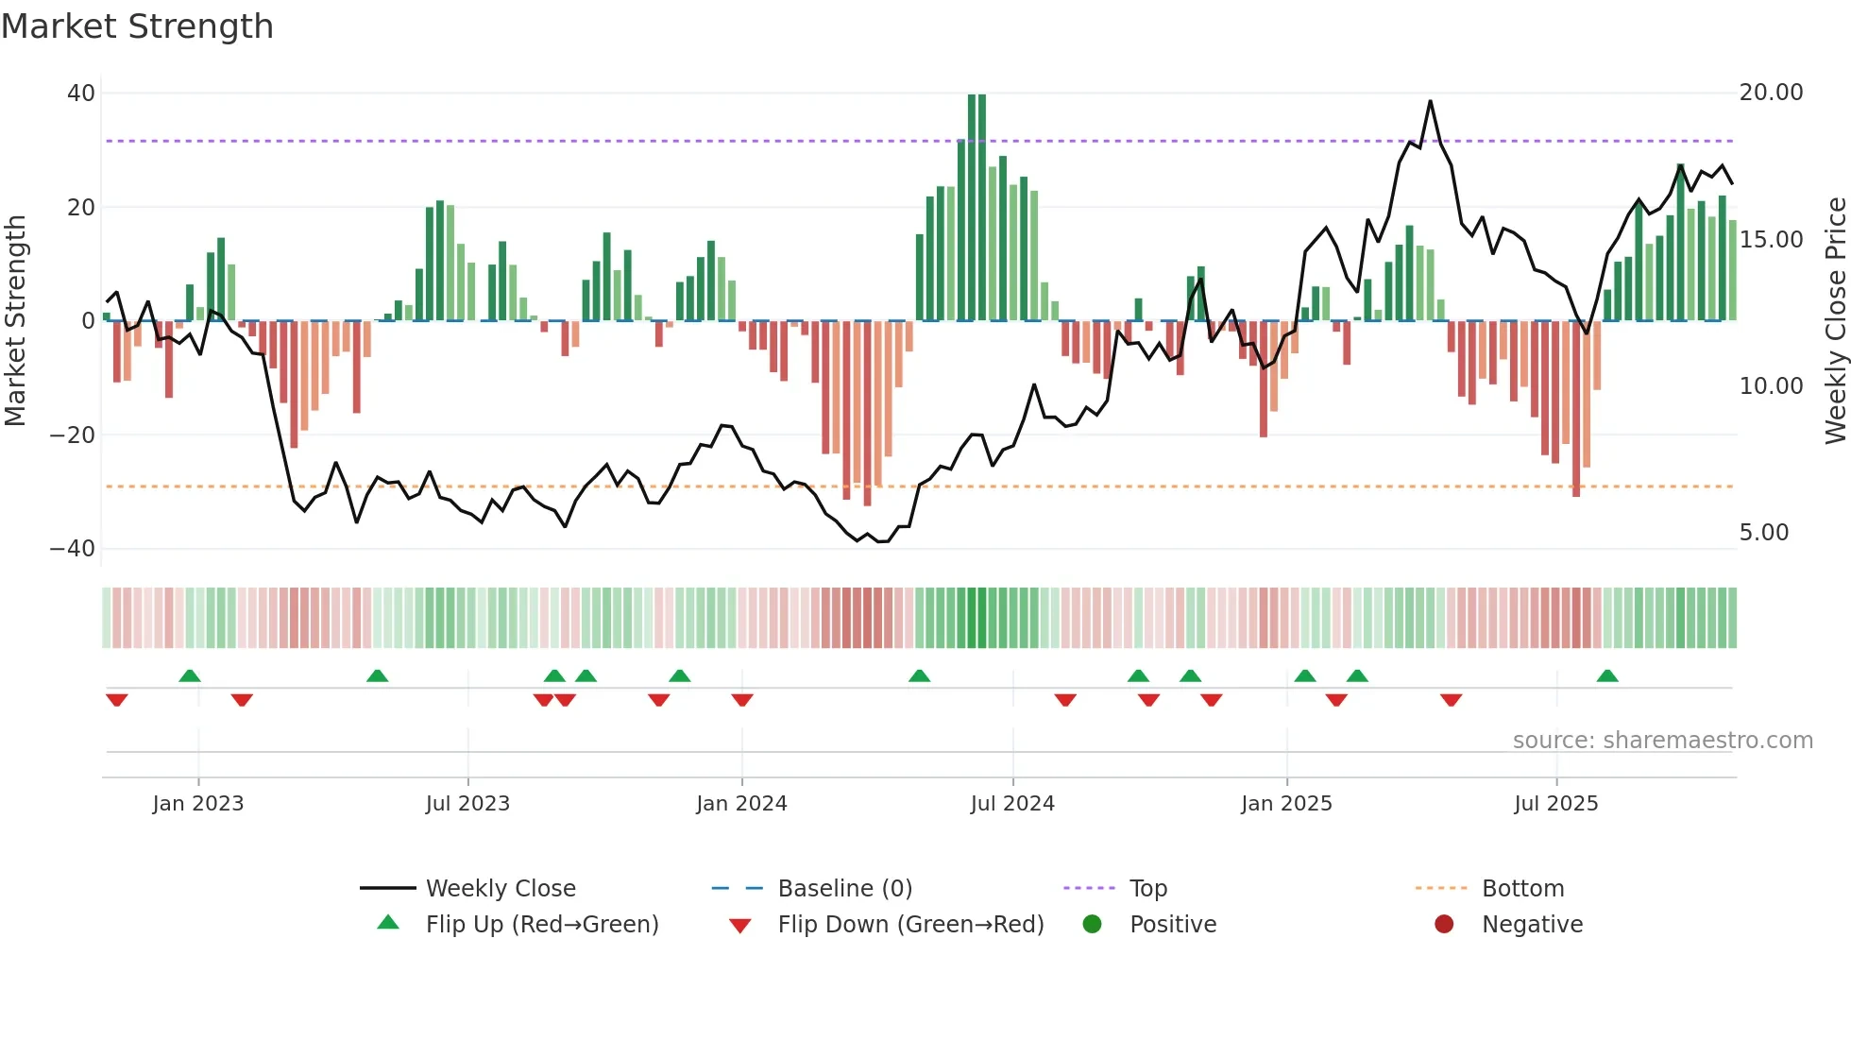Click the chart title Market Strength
(x=137, y=26)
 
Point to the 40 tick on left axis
(x=81, y=94)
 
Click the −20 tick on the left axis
(x=73, y=435)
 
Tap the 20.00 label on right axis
(x=1771, y=93)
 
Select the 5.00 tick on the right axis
(x=1763, y=533)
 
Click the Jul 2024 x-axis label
(x=1011, y=804)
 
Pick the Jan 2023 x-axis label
(x=198, y=804)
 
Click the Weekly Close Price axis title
(x=1835, y=321)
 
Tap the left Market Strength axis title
(x=15, y=321)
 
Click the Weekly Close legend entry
(x=500, y=889)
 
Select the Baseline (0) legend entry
(x=844, y=889)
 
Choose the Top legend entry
(x=1147, y=889)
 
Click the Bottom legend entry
(x=1522, y=889)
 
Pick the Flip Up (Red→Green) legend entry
(x=541, y=925)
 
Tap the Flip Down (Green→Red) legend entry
(x=909, y=925)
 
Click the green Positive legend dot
(x=1092, y=925)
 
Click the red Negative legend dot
(x=1444, y=925)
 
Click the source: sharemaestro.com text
(x=1662, y=741)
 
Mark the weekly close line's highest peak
(x=1430, y=101)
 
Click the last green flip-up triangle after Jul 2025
(x=1607, y=675)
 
